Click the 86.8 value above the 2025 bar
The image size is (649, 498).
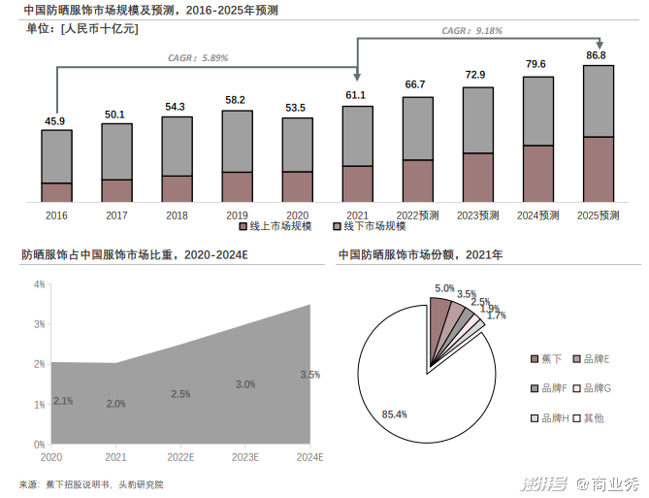tap(596, 55)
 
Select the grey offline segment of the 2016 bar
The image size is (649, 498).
tap(57, 155)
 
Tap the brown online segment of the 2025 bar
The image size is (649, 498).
tap(598, 169)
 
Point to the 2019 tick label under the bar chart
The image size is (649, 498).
tap(237, 215)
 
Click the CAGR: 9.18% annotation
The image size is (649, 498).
tap(471, 31)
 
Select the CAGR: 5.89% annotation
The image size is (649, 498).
tap(198, 58)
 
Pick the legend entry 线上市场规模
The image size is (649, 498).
tap(276, 227)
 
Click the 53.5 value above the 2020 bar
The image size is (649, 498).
tap(297, 108)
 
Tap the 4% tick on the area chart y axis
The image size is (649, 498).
tap(40, 284)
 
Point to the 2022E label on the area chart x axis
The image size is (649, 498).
tap(180, 457)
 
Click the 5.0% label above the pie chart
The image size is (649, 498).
tap(444, 288)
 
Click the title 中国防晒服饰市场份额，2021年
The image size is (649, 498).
tap(421, 255)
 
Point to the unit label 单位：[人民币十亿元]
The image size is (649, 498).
tap(82, 28)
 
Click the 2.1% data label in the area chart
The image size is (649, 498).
tap(63, 401)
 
